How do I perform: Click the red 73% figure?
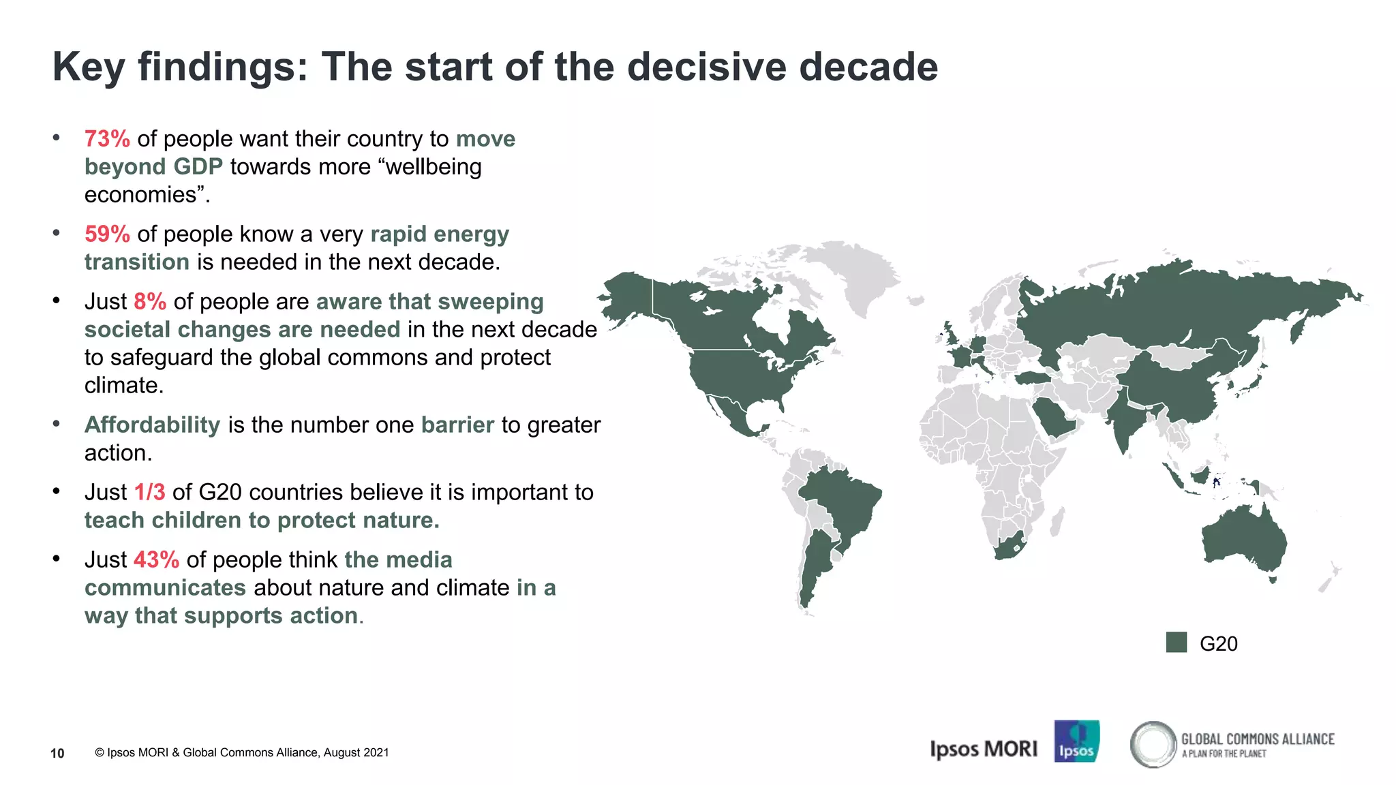[x=107, y=139]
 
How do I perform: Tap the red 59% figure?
[x=107, y=234]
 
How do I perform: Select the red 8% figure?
[x=150, y=302]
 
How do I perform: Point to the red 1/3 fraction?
[x=150, y=493]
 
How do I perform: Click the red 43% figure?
[x=156, y=560]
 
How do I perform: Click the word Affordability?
[x=152, y=425]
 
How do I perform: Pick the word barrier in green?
[x=457, y=425]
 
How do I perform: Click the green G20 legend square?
[x=1176, y=643]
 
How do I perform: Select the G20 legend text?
[x=1218, y=644]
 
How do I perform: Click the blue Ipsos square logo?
[x=1076, y=741]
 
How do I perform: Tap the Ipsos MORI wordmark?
[x=983, y=749]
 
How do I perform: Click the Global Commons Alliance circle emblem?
[x=1153, y=744]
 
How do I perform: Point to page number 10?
[x=57, y=753]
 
